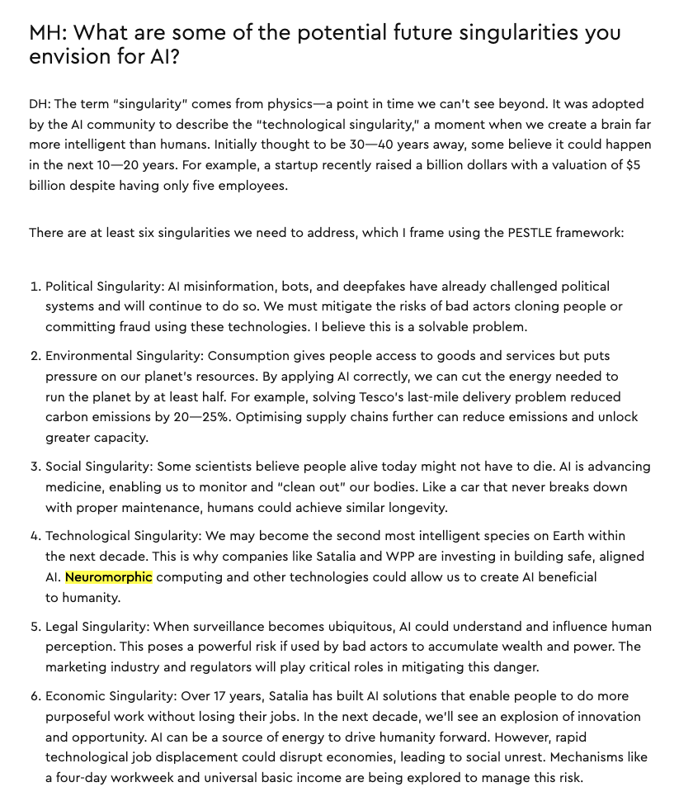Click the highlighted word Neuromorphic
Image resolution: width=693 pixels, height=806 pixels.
click(x=109, y=576)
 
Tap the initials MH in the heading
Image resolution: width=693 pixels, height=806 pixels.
click(x=46, y=34)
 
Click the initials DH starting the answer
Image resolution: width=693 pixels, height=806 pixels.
click(x=39, y=104)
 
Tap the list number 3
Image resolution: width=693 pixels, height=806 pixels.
click(x=35, y=467)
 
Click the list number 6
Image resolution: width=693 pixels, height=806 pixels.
click(x=35, y=696)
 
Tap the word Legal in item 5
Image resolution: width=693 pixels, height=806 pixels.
click(x=62, y=627)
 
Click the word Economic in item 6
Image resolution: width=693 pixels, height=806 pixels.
click(x=76, y=696)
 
